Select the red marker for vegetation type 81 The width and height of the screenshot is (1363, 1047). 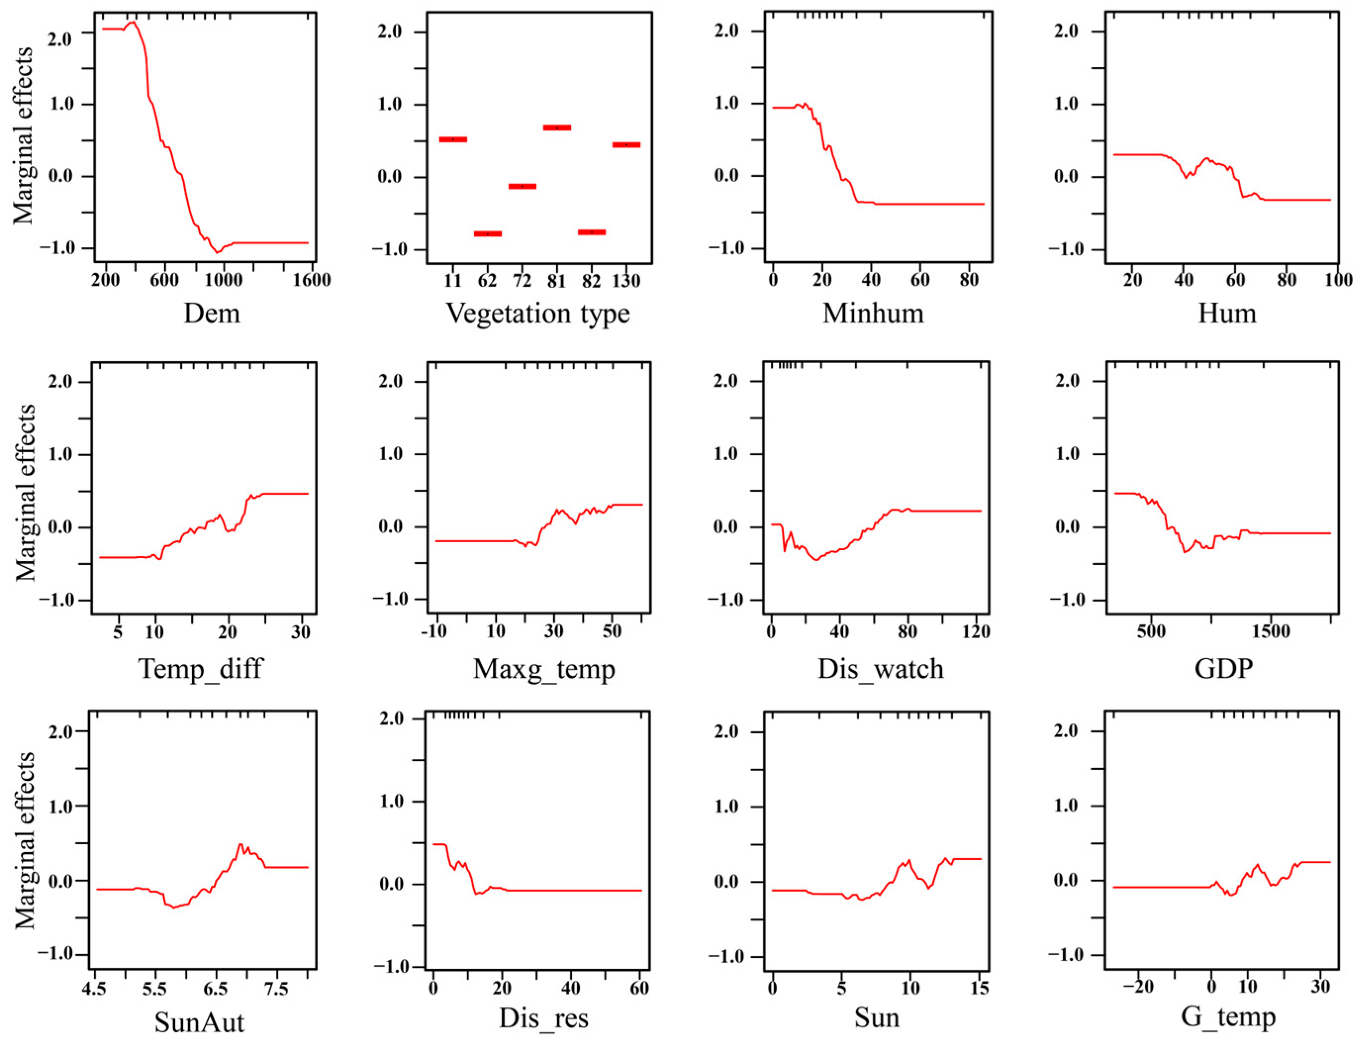[557, 127]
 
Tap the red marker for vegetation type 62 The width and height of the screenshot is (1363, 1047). [487, 234]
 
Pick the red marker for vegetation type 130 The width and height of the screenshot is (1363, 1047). [626, 144]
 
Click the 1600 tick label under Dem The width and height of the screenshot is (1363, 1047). [312, 281]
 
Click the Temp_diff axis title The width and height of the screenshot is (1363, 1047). [201, 668]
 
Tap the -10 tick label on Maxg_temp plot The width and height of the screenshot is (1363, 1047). [434, 631]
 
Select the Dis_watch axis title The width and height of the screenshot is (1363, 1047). [880, 668]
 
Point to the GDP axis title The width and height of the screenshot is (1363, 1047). [1223, 668]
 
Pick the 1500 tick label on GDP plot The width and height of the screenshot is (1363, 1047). [1271, 631]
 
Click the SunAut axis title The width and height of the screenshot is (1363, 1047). [199, 1022]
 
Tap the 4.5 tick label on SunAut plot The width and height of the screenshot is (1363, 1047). [94, 989]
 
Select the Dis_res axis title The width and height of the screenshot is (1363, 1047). [543, 1018]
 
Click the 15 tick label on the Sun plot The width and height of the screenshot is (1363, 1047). [980, 988]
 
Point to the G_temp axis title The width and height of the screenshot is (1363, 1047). [1228, 1017]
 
